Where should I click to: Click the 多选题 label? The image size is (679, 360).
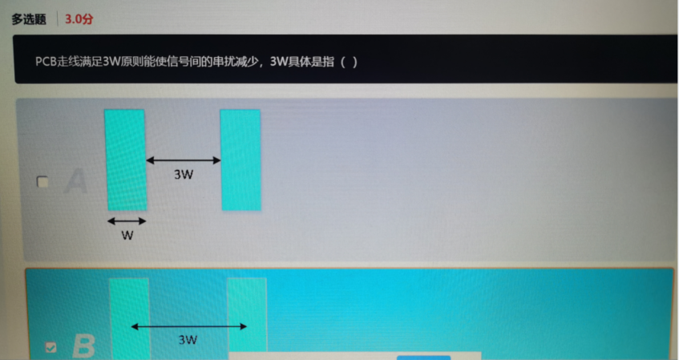[29, 18]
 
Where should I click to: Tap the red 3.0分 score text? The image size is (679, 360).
[79, 18]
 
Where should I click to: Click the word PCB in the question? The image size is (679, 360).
[46, 61]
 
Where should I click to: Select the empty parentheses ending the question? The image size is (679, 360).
[349, 61]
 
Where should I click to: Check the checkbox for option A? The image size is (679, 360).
[43, 182]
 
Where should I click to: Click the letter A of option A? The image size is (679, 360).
[75, 181]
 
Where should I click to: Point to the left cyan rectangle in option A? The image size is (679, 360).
[126, 159]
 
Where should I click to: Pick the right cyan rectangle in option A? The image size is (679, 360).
[240, 159]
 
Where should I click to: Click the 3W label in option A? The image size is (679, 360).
[184, 174]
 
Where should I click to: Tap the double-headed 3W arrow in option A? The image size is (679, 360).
[183, 160]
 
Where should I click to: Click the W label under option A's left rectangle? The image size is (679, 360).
[127, 236]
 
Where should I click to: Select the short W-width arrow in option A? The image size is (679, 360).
[127, 220]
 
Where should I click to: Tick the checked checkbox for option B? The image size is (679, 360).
[51, 347]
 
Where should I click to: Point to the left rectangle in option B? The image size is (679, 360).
[130, 317]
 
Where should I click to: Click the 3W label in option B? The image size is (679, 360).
[188, 340]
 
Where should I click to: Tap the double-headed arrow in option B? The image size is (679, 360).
[188, 326]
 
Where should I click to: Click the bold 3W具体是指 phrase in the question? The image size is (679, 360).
[304, 61]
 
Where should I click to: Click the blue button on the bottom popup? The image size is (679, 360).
[423, 357]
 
